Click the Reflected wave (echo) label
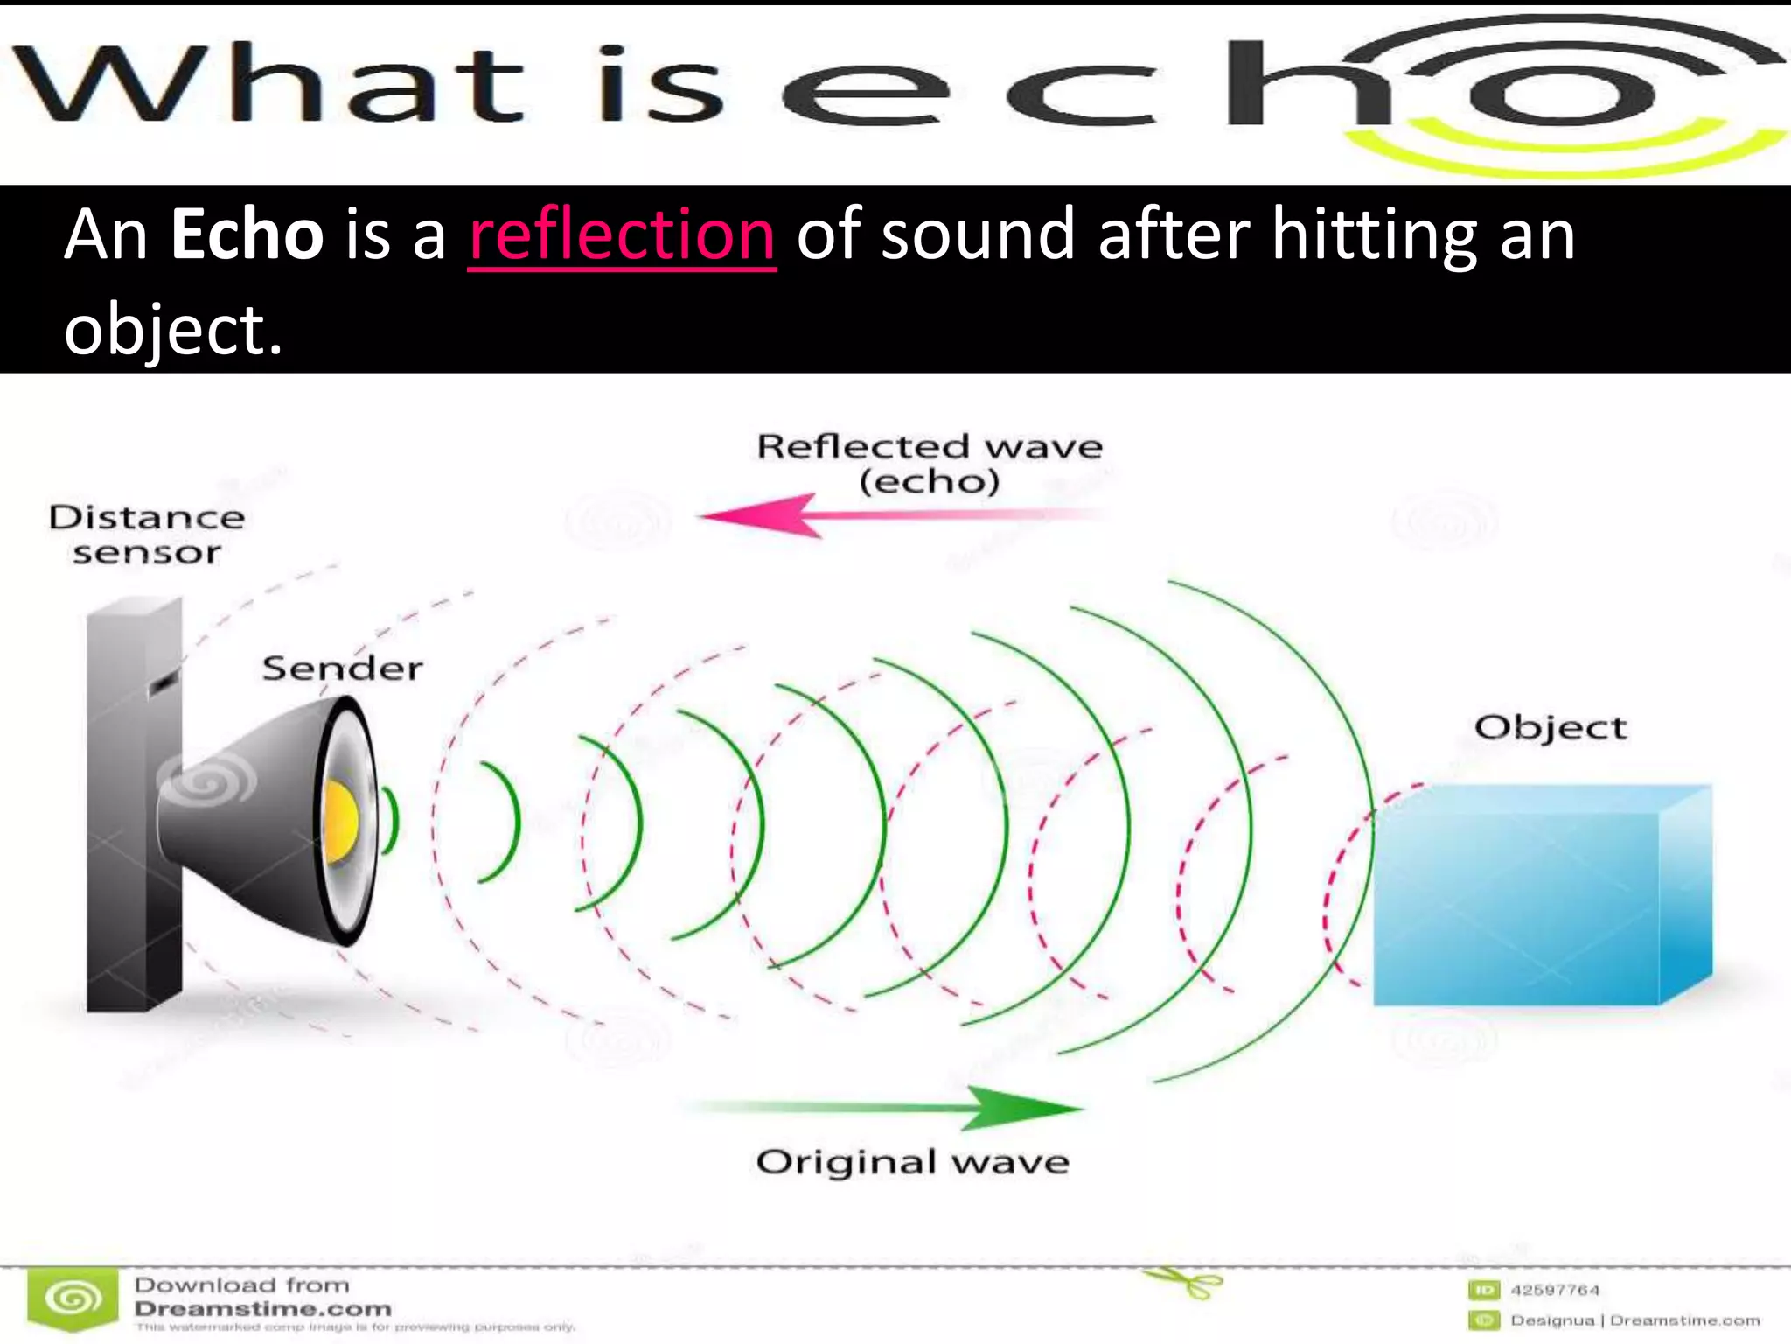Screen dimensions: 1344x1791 [x=929, y=464]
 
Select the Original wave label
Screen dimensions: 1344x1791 [x=912, y=1162]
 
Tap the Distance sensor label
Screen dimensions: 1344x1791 [x=146, y=535]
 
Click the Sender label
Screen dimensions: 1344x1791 [x=342, y=668]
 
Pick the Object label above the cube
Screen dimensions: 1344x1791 [x=1550, y=728]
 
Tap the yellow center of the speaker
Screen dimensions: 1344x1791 [x=340, y=821]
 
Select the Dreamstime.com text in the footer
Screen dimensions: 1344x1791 [x=262, y=1309]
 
